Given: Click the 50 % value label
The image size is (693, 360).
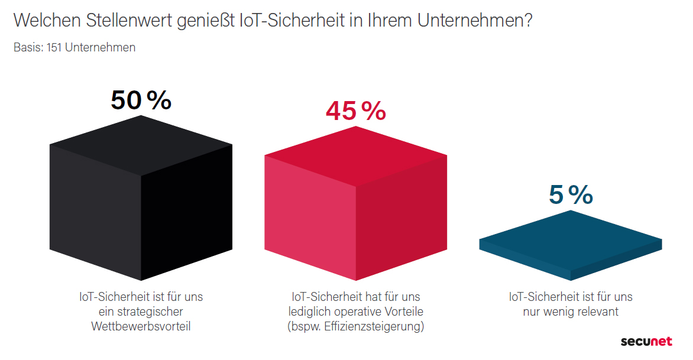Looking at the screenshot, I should tap(141, 100).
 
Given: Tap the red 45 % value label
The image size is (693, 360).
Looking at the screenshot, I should tap(355, 111).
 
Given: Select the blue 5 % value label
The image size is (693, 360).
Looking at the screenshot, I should tap(571, 195).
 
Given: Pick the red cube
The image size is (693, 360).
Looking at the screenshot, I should tap(355, 204).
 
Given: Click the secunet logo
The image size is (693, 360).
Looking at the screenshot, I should tap(646, 342).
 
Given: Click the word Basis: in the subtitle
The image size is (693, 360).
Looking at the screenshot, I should tap(28, 47).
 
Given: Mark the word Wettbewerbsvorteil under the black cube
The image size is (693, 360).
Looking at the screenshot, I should tap(141, 326).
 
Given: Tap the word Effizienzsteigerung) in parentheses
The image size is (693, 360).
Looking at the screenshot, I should tap(374, 326).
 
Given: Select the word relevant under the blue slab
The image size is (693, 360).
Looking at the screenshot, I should tap(596, 312).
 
